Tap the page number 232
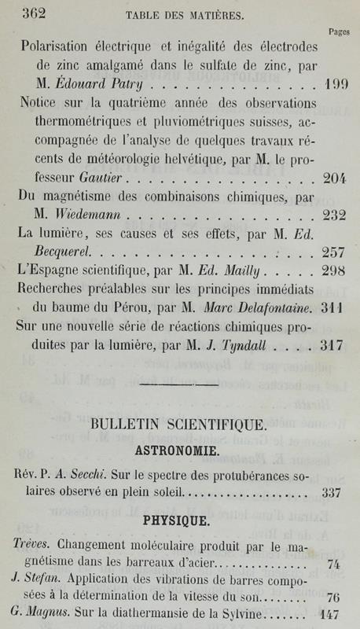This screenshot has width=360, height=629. [334, 215]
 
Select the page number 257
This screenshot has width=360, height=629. [334, 252]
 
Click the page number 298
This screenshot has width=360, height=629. [334, 271]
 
